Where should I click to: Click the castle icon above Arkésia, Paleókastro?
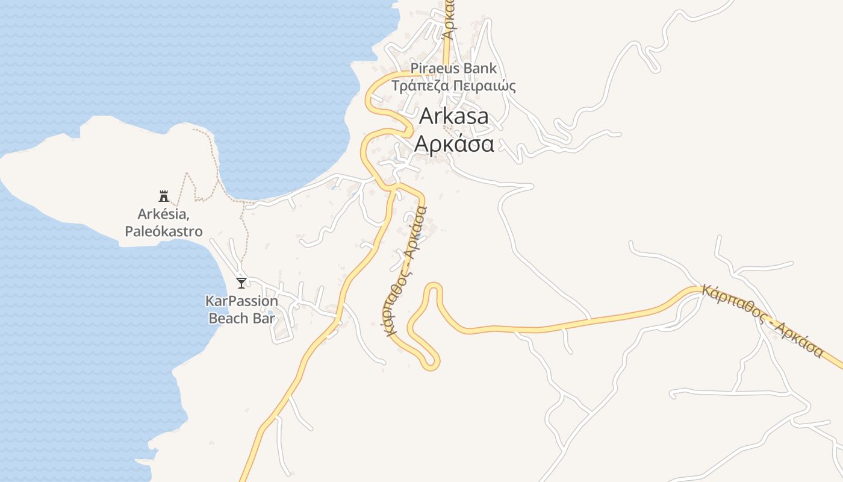(x=163, y=196)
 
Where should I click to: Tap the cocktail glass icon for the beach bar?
(x=241, y=283)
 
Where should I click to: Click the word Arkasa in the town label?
(x=453, y=116)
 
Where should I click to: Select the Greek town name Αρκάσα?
(x=455, y=145)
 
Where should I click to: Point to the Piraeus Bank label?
(x=453, y=68)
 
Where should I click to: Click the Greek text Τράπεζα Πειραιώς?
(x=453, y=86)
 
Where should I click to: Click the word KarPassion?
(x=241, y=301)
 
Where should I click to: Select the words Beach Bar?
(x=241, y=318)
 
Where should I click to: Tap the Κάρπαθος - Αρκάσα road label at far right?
(x=762, y=321)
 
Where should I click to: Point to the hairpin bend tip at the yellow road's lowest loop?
(x=431, y=364)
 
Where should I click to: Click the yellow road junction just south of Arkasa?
(x=391, y=189)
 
